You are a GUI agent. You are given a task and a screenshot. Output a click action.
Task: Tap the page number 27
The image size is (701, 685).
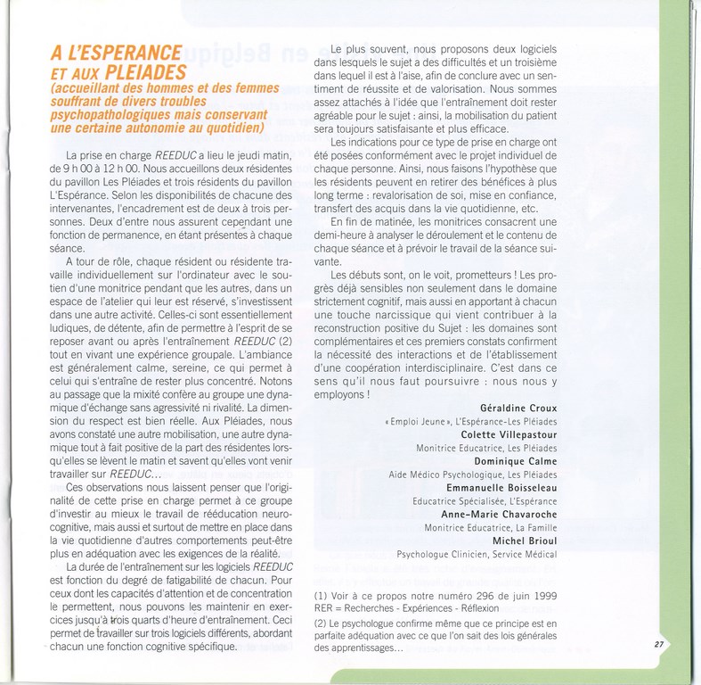657,646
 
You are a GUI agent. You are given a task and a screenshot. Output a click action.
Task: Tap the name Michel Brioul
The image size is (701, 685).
525,541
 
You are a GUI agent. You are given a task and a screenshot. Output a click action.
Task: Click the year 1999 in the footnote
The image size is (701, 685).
542,594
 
